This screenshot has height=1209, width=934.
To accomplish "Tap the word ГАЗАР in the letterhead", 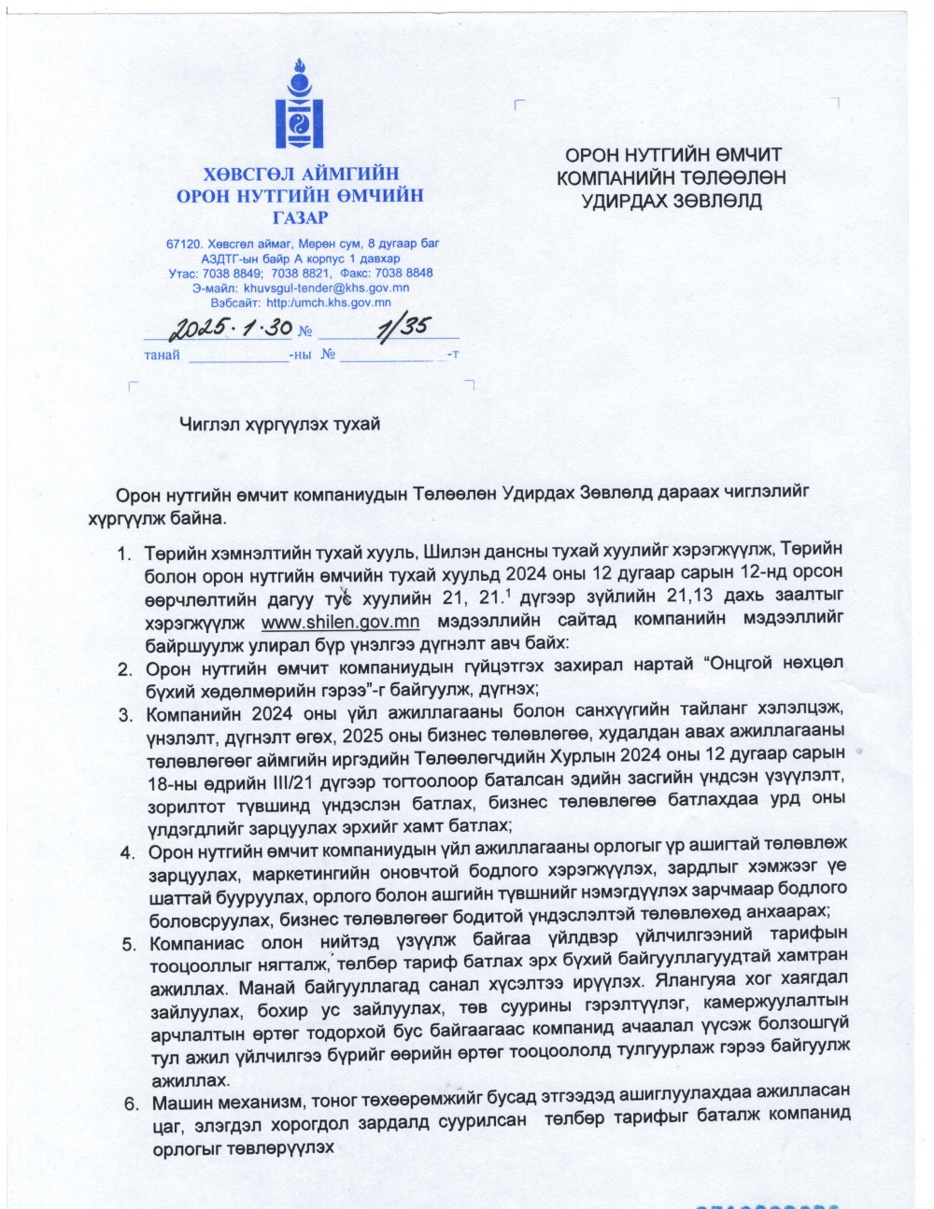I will point(300,218).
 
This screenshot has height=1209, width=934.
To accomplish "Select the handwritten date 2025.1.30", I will point(230,328).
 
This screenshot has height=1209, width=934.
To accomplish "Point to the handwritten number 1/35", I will point(401,326).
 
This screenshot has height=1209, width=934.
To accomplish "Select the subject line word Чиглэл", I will point(209,424).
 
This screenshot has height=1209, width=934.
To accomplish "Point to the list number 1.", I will point(123,555).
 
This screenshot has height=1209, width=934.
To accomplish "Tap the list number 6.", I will point(131,1104).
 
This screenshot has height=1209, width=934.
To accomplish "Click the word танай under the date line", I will point(162,356).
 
